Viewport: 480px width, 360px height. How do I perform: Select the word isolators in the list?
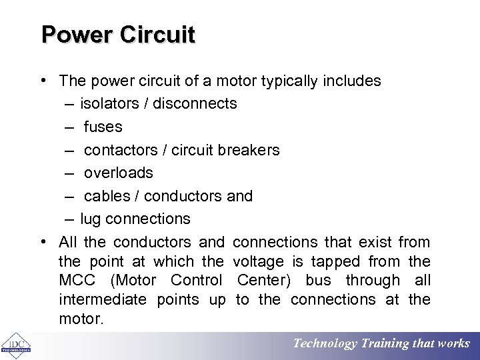click(x=107, y=103)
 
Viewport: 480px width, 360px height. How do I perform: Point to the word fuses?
click(x=103, y=127)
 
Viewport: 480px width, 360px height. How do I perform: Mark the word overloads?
click(x=118, y=173)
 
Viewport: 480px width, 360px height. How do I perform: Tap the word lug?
click(x=91, y=219)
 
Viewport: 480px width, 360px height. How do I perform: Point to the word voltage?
click(x=261, y=261)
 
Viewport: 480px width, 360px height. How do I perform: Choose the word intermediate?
click(x=102, y=300)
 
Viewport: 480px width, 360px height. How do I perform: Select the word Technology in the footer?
click(x=325, y=344)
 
